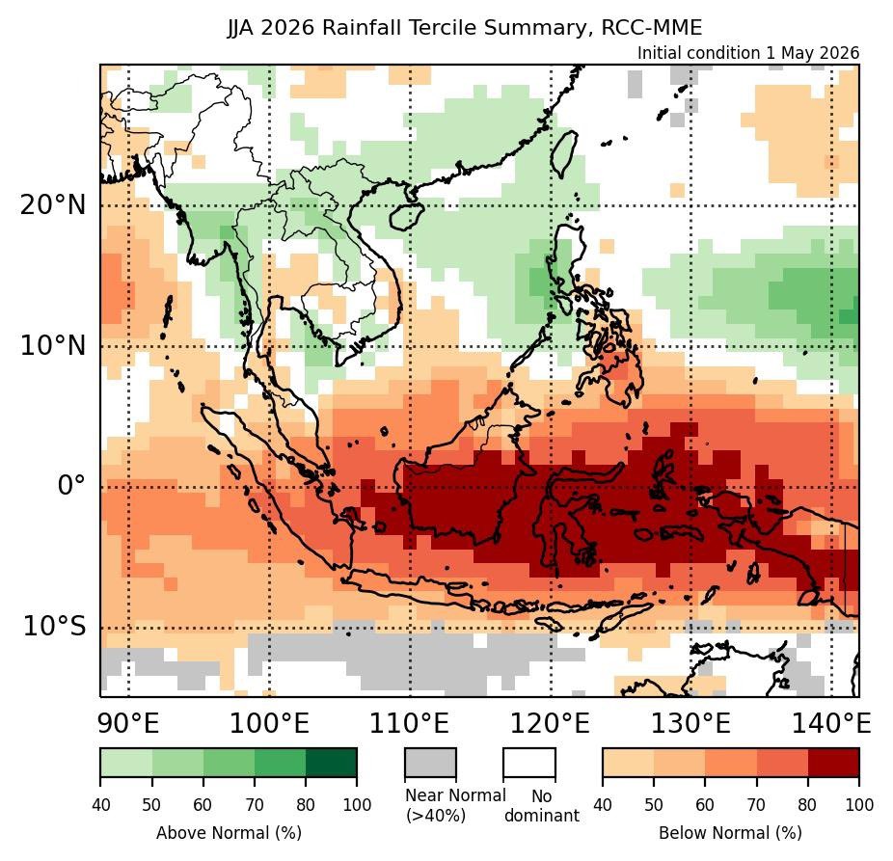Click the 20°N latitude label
coord(53,204)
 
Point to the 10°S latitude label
coord(55,627)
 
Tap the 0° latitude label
coord(70,486)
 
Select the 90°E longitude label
coord(128,723)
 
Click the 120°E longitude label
coord(550,723)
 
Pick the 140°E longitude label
coord(831,723)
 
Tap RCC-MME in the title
coord(652,27)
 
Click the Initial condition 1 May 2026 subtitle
coord(747,53)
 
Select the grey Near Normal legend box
coord(430,763)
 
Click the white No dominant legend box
coord(529,763)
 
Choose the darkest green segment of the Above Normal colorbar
coord(332,763)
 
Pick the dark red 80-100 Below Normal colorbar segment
coord(834,763)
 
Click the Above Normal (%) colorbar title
coord(229,833)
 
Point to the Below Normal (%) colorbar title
coord(731,833)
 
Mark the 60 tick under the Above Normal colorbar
coord(203,805)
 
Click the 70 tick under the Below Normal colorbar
coord(756,805)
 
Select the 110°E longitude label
coord(410,723)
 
